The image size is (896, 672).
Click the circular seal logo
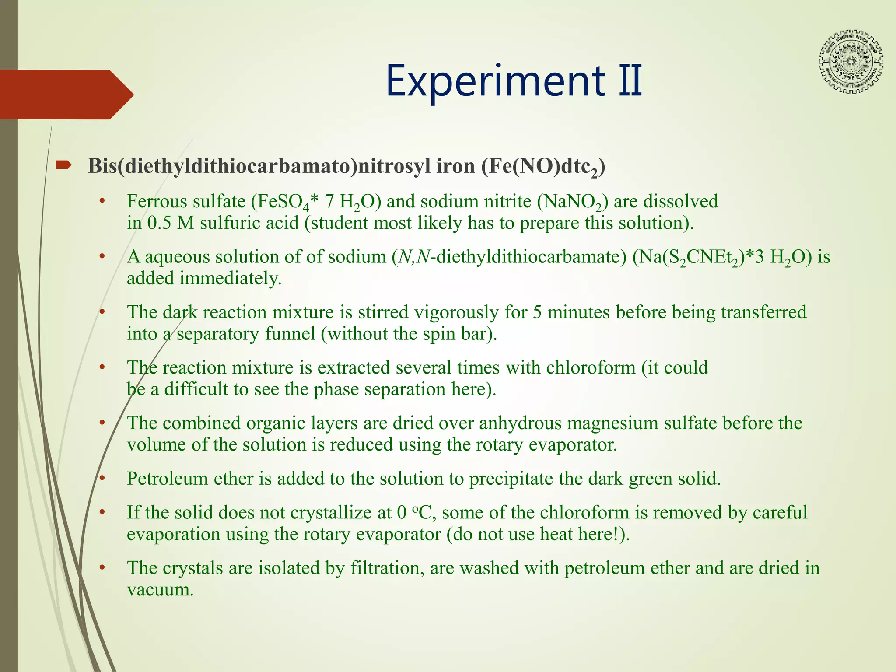850,62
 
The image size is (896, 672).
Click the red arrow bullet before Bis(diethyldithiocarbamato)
64,165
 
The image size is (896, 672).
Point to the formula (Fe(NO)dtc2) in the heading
543,167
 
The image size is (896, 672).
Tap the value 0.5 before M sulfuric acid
160,223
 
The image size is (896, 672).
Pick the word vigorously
456,312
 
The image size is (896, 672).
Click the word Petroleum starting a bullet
168,479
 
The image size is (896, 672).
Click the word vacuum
160,590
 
